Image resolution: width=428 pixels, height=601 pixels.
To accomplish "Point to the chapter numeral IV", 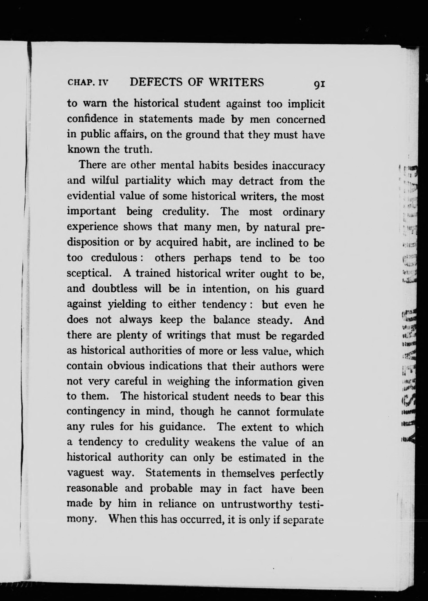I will click(x=103, y=83).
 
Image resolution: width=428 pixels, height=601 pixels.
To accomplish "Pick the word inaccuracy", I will click(x=298, y=166).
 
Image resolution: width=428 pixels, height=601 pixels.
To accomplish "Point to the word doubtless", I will click(x=114, y=289).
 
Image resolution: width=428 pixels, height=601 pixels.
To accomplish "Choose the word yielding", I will click(x=127, y=304).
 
